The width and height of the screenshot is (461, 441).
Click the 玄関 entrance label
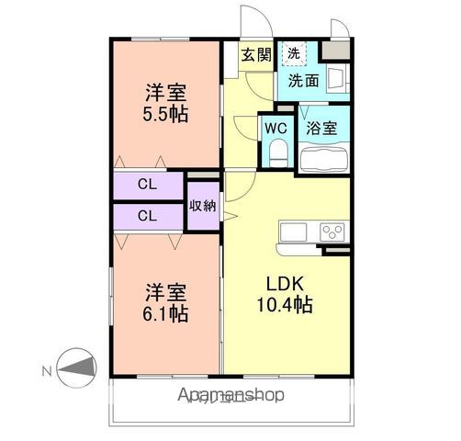[x=256, y=54]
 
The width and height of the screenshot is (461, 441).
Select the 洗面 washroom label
[x=303, y=80]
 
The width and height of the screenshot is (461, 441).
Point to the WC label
[x=275, y=128]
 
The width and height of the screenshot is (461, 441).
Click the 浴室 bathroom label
[x=322, y=128]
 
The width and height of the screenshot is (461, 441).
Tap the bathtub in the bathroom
[x=322, y=159]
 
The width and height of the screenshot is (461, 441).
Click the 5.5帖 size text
[x=166, y=116]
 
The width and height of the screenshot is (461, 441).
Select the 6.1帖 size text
[x=166, y=314]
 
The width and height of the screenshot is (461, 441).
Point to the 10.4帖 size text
[x=288, y=305]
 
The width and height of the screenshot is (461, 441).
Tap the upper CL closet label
[x=146, y=185]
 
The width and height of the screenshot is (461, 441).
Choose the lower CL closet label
[x=146, y=216]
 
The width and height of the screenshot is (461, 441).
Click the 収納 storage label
[x=203, y=205]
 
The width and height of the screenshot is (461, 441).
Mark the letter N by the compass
[x=47, y=370]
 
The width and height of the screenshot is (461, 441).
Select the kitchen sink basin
[x=295, y=231]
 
